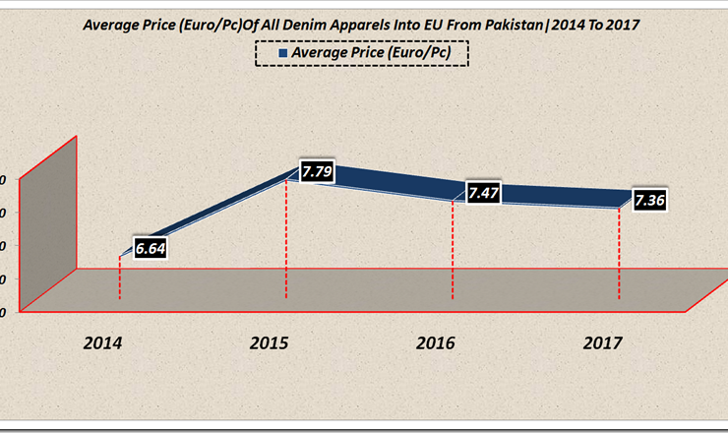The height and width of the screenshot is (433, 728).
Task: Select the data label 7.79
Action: click(317, 171)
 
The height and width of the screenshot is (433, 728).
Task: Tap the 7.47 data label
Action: click(483, 193)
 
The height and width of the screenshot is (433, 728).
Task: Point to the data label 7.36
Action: click(650, 201)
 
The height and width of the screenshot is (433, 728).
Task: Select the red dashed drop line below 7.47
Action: click(452, 251)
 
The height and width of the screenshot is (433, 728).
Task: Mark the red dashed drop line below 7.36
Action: click(619, 256)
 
